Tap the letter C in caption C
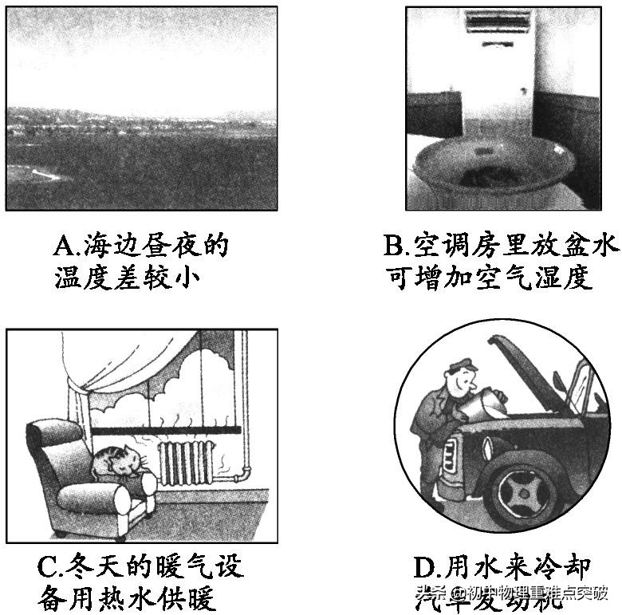pyautogui.click(x=47, y=567)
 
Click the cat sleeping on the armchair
pyautogui.click(x=115, y=462)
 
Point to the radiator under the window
pyautogui.click(x=187, y=463)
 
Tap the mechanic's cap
pyautogui.click(x=462, y=366)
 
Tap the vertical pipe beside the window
pyautogui.click(x=245, y=399)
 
